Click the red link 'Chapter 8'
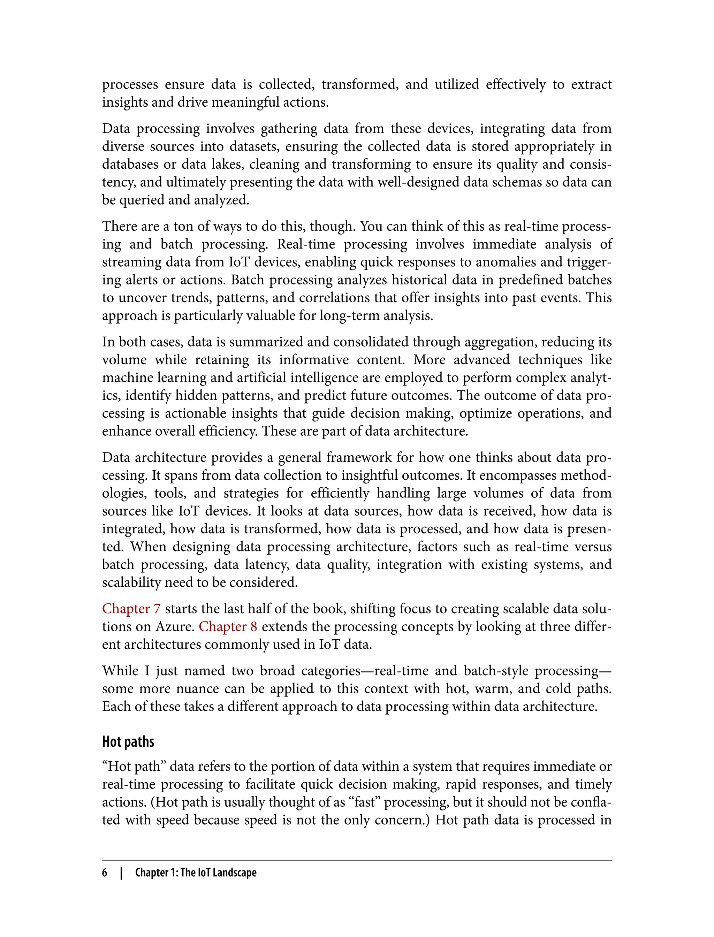pos(228,626)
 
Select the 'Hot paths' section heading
pos(128,741)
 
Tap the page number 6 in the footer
pos(105,873)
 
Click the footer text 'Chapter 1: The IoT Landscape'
pos(196,873)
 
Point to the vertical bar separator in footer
pos(122,873)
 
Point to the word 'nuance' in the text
pos(194,688)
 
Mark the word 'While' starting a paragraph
pos(120,671)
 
